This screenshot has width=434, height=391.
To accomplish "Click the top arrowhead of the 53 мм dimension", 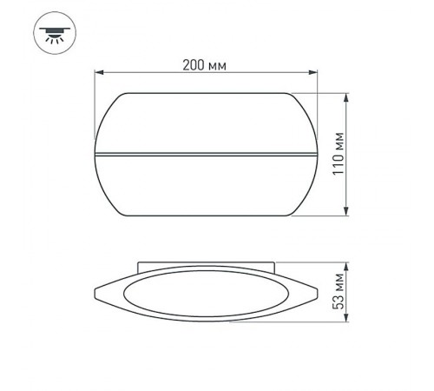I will tap(347, 262).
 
